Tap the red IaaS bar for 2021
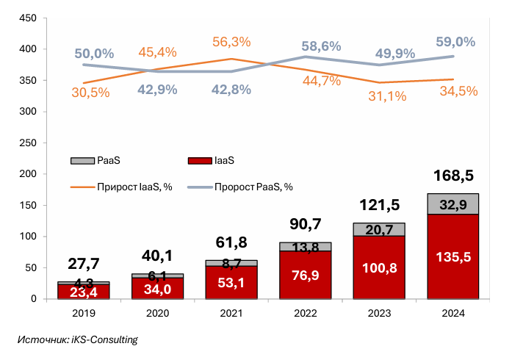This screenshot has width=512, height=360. pyautogui.click(x=231, y=282)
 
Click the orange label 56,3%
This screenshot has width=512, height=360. pyautogui.click(x=231, y=43)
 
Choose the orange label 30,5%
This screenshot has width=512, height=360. pyautogui.click(x=91, y=93)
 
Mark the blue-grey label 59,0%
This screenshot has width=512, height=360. pyautogui.click(x=455, y=42)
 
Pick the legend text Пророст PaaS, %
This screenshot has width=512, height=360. pyautogui.click(x=253, y=187)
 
